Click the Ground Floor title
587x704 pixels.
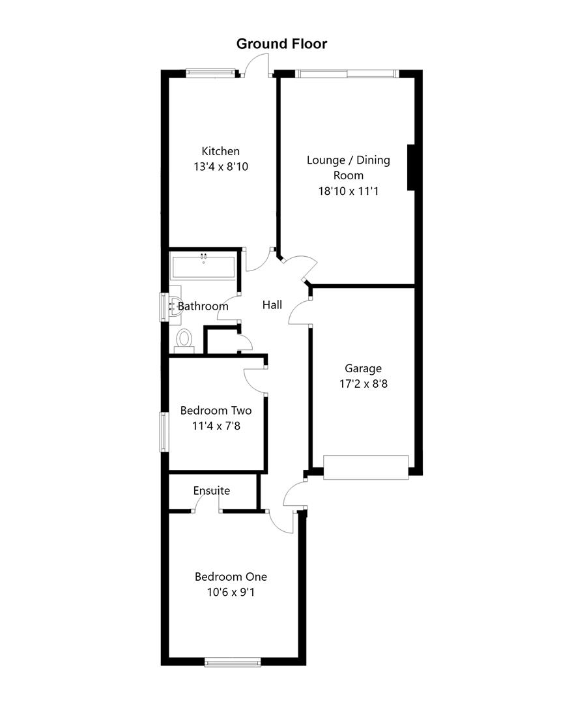281,44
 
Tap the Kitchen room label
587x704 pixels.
220,151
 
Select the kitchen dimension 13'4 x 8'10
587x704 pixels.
221,167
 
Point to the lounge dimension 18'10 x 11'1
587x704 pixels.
348,191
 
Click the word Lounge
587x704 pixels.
326,160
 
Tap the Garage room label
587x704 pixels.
363,369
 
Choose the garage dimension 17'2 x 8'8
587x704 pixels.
363,385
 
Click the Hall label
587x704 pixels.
272,304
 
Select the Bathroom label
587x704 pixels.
203,306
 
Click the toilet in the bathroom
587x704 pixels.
184,340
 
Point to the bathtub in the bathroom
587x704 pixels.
203,267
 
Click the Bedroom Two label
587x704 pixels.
216,411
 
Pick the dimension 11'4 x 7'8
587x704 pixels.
216,427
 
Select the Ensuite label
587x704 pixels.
212,491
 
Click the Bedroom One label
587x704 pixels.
231,577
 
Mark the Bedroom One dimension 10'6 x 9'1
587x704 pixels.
231,593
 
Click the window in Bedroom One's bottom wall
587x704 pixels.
233,662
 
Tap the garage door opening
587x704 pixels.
365,467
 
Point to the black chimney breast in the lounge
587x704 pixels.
411,168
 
